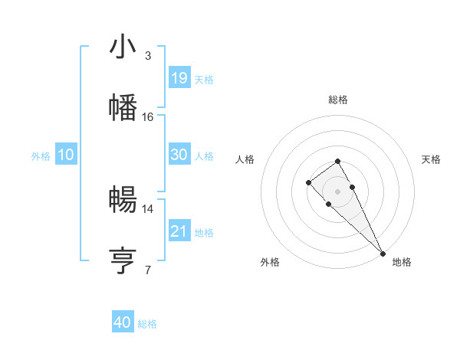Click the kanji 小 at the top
click(123, 47)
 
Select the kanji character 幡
click(123, 108)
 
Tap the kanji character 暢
click(123, 200)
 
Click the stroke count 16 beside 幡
click(148, 116)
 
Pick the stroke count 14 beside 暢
click(148, 208)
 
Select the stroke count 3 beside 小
click(148, 56)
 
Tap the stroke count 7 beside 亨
click(148, 270)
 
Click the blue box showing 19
click(179, 78)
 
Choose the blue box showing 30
click(179, 155)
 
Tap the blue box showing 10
click(66, 155)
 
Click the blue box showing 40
click(123, 322)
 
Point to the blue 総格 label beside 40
click(147, 324)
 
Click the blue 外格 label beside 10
click(41, 156)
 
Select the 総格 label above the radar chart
click(337, 100)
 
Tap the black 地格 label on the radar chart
click(402, 262)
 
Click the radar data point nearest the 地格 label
click(383, 254)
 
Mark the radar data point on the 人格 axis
click(308, 182)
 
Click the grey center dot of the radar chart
click(337, 191)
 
